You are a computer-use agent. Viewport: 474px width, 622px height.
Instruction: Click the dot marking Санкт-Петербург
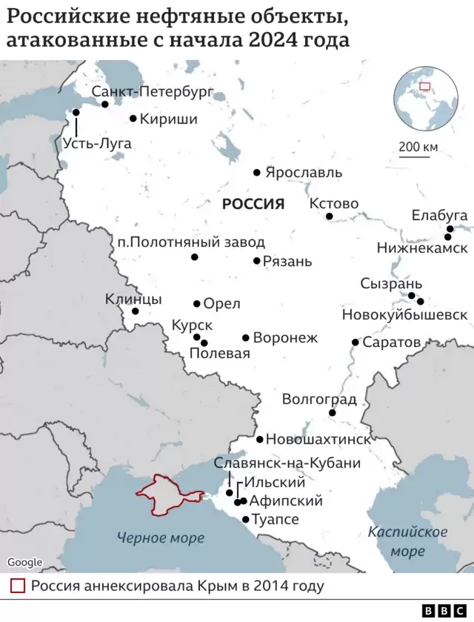pyautogui.click(x=105, y=104)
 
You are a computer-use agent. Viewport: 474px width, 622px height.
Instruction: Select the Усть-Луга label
pyautogui.click(x=97, y=144)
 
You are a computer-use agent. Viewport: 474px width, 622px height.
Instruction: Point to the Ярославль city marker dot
pyautogui.click(x=257, y=172)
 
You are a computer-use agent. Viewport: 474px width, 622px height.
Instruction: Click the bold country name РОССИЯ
pyautogui.click(x=253, y=205)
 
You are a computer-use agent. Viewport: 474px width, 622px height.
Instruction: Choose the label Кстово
pyautogui.click(x=333, y=203)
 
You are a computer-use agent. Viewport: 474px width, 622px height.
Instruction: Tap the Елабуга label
pyautogui.click(x=440, y=215)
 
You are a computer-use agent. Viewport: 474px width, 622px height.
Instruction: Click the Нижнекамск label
pyautogui.click(x=422, y=248)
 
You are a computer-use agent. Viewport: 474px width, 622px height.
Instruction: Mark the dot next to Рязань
pyautogui.click(x=257, y=261)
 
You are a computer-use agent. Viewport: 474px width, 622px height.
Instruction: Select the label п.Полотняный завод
pyautogui.click(x=191, y=242)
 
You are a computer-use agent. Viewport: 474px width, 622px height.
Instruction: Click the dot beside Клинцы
pyautogui.click(x=136, y=311)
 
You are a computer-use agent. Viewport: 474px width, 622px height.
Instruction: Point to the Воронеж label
pyautogui.click(x=285, y=338)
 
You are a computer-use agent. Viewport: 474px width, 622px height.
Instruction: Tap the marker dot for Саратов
pyautogui.click(x=355, y=343)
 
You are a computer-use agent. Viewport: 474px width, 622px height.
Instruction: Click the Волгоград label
pyautogui.click(x=319, y=400)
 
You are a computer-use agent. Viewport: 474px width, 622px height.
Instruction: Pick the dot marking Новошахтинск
pyautogui.click(x=260, y=439)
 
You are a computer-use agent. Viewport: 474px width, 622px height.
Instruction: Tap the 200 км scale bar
pyautogui.click(x=418, y=156)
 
